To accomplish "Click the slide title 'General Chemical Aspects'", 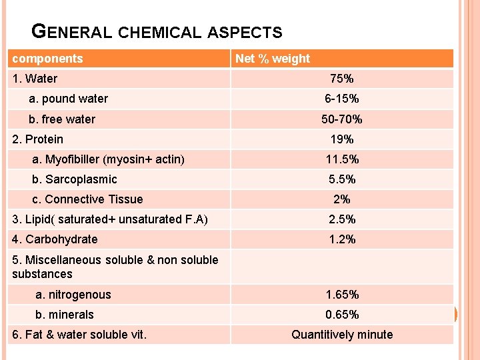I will pos(157,31).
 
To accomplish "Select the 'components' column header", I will pos(47,59).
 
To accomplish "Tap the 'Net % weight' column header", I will pos(273,59).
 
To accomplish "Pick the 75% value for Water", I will pos(341,79).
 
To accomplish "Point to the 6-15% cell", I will pos(341,99).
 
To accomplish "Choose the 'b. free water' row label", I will pos(62,119).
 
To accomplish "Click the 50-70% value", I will pos(341,119).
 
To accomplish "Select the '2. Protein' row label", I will pos(38,139).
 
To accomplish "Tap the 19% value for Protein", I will pos(341,139).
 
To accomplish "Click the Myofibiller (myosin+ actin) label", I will pos(109,159).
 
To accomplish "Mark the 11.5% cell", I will pos(341,159).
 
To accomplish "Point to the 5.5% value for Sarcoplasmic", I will pos(341,179).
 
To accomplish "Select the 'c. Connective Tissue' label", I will pos(87,199).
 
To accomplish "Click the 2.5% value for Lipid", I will pos(341,219).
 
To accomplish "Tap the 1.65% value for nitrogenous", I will pos(341,295).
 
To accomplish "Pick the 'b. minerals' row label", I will pos(65,315).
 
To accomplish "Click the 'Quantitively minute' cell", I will pos(341,335).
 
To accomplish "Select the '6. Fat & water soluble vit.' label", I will pos(79,335).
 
